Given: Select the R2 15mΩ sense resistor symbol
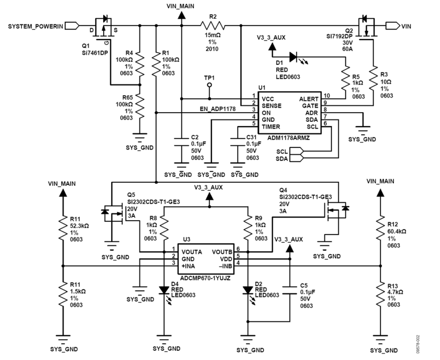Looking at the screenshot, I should [212, 26].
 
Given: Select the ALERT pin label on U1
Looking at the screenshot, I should [308, 99].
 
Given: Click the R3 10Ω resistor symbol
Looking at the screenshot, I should [373, 80].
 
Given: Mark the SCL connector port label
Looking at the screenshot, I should [282, 152].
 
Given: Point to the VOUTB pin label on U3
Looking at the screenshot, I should [222, 252].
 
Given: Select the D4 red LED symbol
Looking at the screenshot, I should [164, 290].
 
